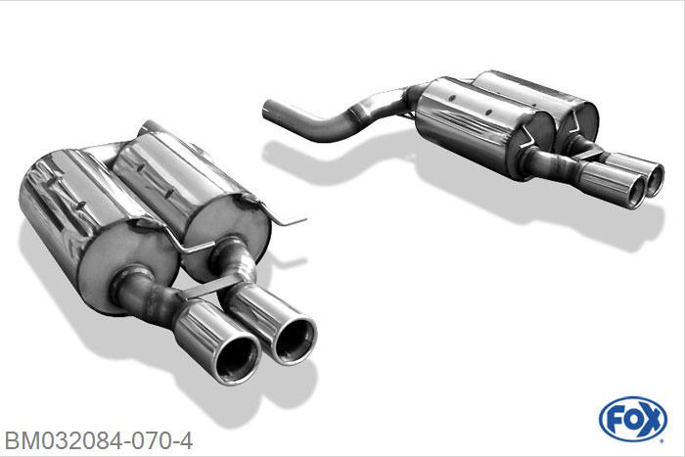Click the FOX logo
(633, 420)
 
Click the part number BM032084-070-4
(98, 441)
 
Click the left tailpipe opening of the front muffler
(238, 359)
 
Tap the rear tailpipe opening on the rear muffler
(656, 179)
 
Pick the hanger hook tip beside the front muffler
(301, 219)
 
